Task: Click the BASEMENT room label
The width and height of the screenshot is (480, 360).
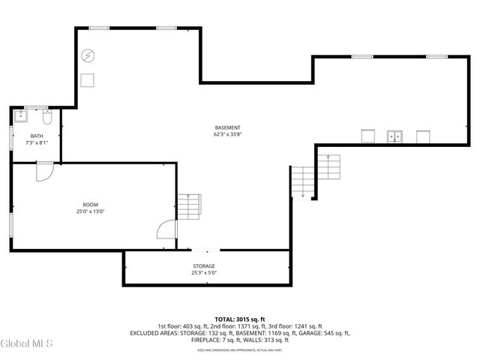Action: [227, 127]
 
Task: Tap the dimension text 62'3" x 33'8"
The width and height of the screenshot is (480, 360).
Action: [227, 135]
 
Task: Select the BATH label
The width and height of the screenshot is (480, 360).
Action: [37, 136]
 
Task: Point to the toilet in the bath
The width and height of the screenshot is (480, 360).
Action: [46, 118]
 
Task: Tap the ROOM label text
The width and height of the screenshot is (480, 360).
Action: [91, 205]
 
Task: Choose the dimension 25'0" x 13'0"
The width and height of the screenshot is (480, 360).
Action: [91, 212]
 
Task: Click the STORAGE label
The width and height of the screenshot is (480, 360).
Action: [203, 266]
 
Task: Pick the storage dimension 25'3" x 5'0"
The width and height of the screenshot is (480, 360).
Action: [203, 273]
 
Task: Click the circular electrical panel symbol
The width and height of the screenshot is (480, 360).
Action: [88, 55]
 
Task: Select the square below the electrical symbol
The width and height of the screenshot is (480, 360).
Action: [88, 81]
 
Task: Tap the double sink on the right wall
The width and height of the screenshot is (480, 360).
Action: [394, 136]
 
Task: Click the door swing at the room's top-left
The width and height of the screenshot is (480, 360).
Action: [44, 171]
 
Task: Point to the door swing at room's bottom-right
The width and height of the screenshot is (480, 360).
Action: [165, 229]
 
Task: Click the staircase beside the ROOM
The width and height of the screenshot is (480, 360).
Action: [189, 207]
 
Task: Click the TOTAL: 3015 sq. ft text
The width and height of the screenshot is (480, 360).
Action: [240, 319]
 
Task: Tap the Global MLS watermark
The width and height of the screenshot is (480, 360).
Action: [26, 343]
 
